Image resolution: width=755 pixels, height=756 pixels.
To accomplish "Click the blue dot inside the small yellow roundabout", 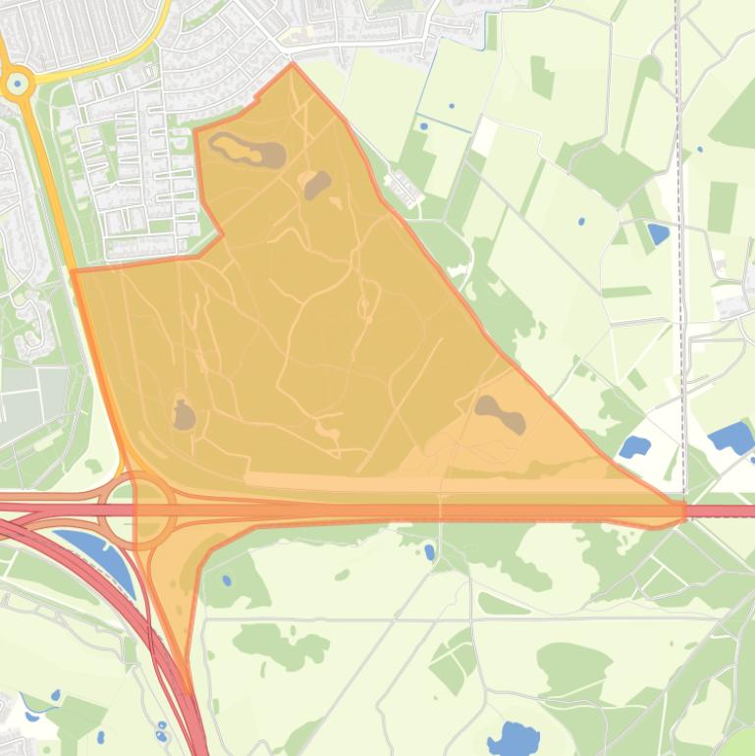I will click(17, 83).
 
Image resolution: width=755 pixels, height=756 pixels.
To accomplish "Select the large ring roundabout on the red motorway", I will click(138, 510).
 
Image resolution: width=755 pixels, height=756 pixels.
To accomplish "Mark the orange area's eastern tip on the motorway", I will click(681, 512).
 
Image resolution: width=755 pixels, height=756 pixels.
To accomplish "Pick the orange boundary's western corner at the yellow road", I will click(73, 272).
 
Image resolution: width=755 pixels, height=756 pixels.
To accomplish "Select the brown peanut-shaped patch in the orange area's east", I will click(501, 413).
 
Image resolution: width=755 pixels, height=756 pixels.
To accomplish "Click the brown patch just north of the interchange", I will click(184, 415).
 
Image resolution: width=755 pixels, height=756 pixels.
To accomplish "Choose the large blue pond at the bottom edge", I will click(512, 738).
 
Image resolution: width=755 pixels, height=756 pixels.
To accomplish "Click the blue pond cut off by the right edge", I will click(731, 437).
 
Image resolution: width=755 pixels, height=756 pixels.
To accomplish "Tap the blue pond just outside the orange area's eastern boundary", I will click(634, 448).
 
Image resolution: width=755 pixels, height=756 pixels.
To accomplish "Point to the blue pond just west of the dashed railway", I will click(657, 234).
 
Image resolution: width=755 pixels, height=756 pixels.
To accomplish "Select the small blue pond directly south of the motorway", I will click(429, 552).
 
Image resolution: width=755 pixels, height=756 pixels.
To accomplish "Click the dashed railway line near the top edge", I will click(678, 59).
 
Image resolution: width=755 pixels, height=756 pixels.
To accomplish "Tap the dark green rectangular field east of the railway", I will click(722, 206).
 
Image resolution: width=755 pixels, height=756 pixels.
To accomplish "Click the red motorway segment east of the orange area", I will click(722, 512).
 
